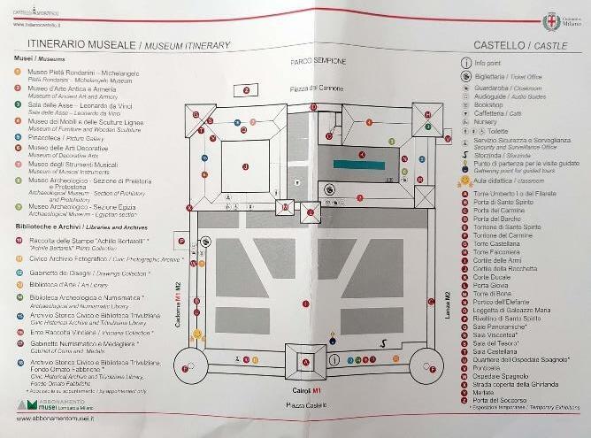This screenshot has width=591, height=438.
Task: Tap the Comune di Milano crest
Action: (555, 19)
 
